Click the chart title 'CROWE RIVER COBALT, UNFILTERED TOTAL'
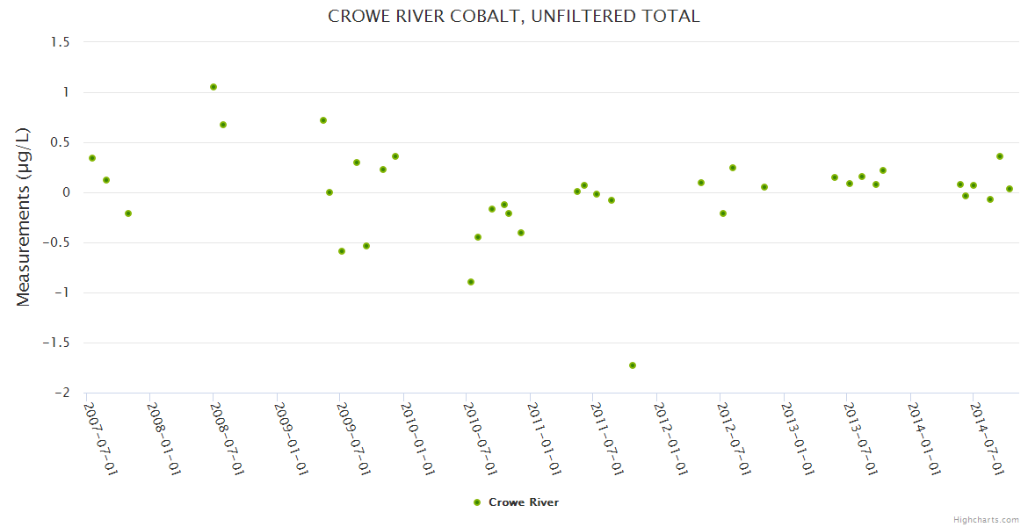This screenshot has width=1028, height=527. click(x=513, y=16)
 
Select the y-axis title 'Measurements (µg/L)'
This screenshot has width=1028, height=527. click(x=24, y=217)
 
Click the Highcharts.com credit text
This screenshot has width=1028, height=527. click(x=986, y=520)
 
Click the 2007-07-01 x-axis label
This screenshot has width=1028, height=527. click(x=100, y=438)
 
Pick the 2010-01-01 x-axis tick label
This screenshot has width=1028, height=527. click(x=417, y=438)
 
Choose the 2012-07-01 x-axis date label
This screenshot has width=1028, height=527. click(x=734, y=438)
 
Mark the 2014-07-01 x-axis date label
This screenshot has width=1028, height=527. click(x=988, y=438)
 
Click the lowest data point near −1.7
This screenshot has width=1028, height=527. click(x=633, y=365)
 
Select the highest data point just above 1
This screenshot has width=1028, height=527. click(x=214, y=87)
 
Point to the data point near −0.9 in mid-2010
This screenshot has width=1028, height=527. click(x=471, y=282)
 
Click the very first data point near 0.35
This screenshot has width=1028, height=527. click(x=92, y=158)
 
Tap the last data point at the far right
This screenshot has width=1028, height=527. click(x=1010, y=189)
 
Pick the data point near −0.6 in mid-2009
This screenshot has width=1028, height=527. click(x=342, y=251)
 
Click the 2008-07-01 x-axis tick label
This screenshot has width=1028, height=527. click(x=227, y=438)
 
